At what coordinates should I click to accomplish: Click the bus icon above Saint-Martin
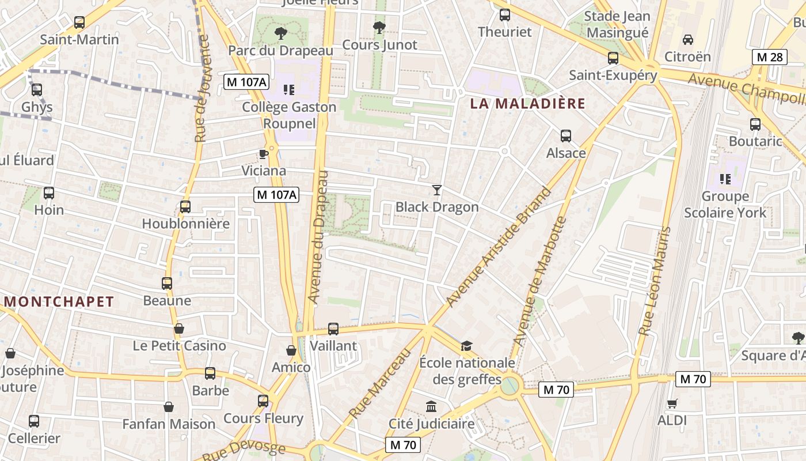pyautogui.click(x=79, y=22)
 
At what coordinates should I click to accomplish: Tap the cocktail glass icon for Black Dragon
pyautogui.click(x=437, y=190)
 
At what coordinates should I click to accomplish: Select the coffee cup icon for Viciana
pyautogui.click(x=264, y=154)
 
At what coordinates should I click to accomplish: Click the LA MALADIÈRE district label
pyautogui.click(x=527, y=104)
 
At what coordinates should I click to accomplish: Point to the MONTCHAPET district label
pyautogui.click(x=59, y=301)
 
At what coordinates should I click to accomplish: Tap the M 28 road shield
pyautogui.click(x=770, y=57)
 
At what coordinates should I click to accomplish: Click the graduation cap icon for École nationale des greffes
pyautogui.click(x=466, y=346)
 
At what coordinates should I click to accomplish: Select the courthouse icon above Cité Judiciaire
pyautogui.click(x=431, y=407)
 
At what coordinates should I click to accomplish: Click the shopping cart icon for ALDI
pyautogui.click(x=672, y=403)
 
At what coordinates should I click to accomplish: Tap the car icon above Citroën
pyautogui.click(x=687, y=40)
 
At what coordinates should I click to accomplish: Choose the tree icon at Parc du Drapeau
pyautogui.click(x=281, y=33)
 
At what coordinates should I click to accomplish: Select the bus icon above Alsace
pyautogui.click(x=566, y=136)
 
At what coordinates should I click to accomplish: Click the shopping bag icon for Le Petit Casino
pyautogui.click(x=179, y=328)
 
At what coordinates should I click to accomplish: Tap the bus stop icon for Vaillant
pyautogui.click(x=333, y=329)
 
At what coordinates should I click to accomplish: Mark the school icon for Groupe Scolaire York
pyautogui.click(x=725, y=179)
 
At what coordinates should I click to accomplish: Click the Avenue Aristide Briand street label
pyautogui.click(x=499, y=247)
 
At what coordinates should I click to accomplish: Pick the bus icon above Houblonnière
pyautogui.click(x=185, y=207)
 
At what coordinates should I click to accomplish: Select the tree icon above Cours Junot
pyautogui.click(x=379, y=27)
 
